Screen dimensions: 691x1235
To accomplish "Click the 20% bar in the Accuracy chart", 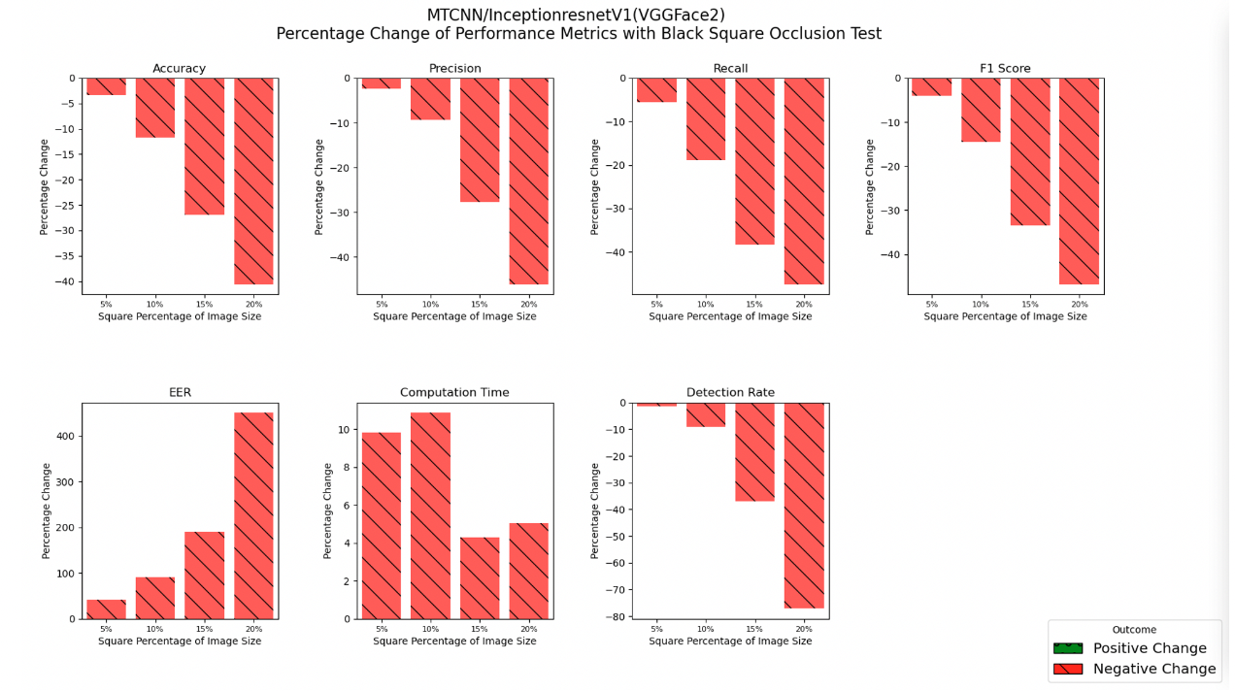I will [x=253, y=181].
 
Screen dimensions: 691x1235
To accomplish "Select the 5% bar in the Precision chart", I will [x=382, y=83].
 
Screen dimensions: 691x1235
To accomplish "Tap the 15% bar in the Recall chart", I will [x=754, y=161].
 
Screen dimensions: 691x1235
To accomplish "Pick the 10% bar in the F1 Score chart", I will [x=981, y=110].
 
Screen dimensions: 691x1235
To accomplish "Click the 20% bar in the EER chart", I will [x=253, y=515].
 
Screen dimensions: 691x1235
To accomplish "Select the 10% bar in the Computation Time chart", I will [x=430, y=515].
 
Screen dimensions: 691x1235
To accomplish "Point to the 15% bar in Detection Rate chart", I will [x=754, y=451].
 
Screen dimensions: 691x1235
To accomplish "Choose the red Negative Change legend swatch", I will [x=1067, y=669].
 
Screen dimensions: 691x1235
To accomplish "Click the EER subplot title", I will [x=180, y=393].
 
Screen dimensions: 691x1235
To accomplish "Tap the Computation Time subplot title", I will [x=454, y=393].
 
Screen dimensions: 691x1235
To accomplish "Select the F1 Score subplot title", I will [x=1005, y=69].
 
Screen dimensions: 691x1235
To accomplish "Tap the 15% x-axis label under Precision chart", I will [x=480, y=304].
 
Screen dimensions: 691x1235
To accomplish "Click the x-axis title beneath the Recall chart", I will [x=730, y=316].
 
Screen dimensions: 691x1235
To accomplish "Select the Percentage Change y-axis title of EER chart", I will [x=46, y=510].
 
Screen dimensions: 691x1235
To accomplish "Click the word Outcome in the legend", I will [x=1134, y=630].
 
